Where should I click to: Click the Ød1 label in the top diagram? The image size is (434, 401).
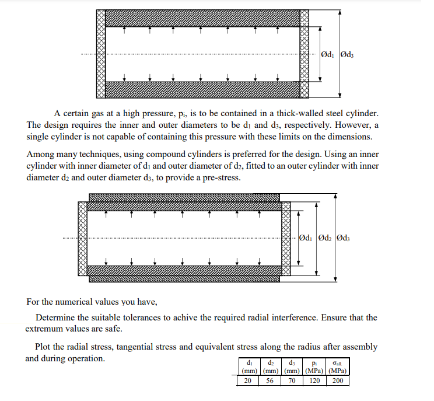point(327,55)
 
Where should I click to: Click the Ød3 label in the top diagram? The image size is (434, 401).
point(348,55)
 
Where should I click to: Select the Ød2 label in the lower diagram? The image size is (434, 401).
point(325,239)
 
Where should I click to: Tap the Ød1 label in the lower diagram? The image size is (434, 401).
point(305,239)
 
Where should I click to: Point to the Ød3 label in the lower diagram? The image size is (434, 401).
point(344,239)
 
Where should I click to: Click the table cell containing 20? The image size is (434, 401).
point(247,381)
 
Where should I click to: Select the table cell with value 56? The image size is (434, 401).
point(269,381)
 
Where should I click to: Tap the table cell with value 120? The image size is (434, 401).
point(314,381)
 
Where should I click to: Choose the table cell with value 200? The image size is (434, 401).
point(337,381)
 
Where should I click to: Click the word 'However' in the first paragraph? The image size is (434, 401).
point(352,125)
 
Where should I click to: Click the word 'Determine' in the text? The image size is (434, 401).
point(55,318)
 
